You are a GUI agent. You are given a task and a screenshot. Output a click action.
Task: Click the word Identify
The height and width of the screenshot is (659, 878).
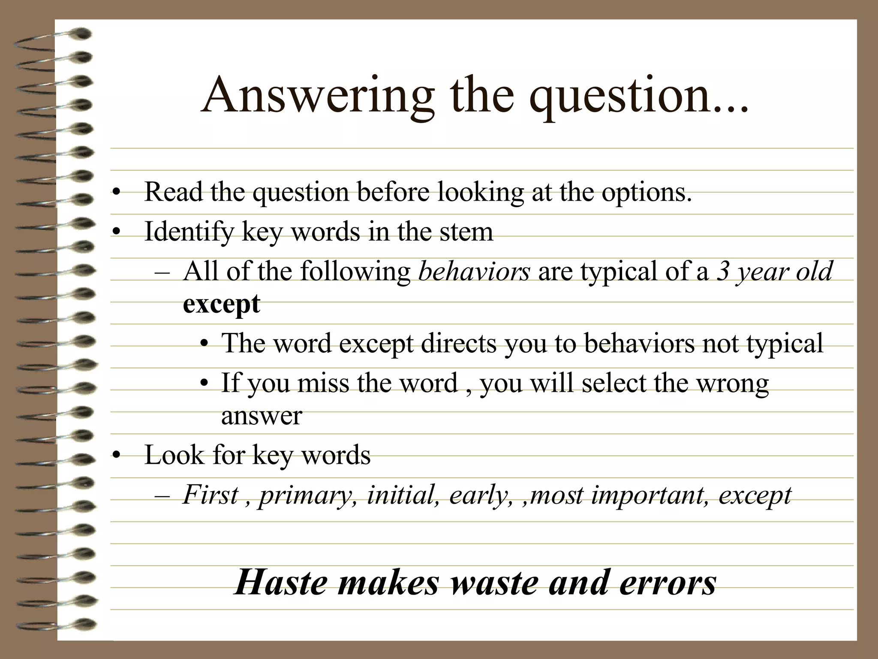coord(189,232)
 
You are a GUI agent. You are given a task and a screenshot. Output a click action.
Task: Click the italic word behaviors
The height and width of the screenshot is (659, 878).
coord(474,272)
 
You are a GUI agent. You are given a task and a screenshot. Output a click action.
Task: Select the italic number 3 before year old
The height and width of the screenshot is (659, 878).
coord(723,272)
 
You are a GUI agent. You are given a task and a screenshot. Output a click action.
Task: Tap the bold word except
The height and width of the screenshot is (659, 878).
coord(221,305)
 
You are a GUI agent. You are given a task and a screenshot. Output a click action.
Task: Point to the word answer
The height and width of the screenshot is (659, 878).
coord(262,415)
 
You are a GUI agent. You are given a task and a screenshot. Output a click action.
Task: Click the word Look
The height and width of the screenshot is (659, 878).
coord(174,455)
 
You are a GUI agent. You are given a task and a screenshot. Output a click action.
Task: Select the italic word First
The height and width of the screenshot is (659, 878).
coord(210,495)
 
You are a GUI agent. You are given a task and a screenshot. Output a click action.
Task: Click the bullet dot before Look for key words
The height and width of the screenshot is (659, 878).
coord(115,456)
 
